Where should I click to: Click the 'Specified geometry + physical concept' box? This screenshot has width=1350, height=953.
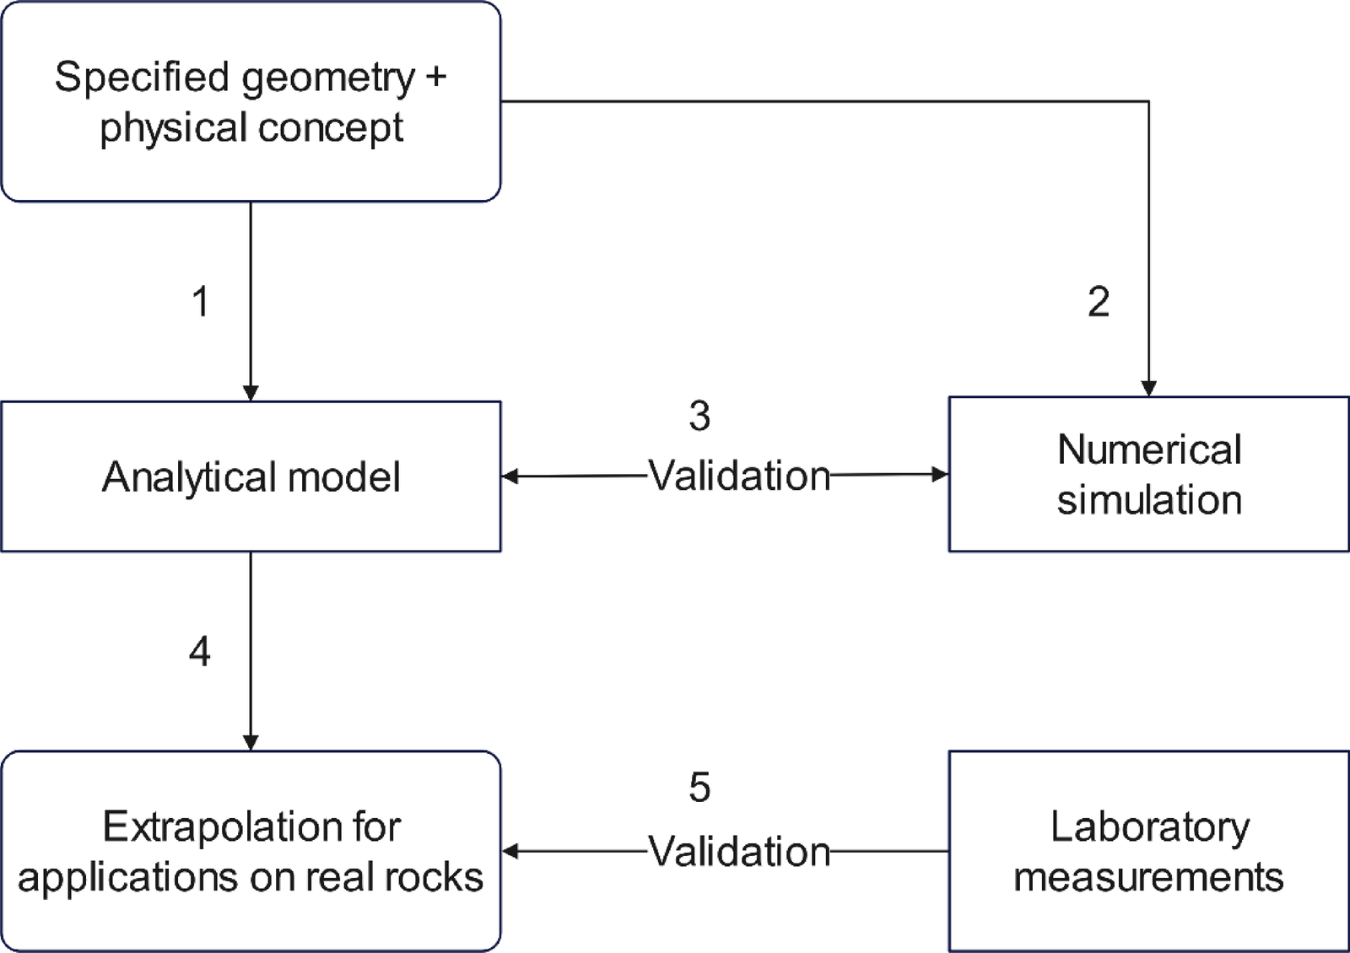pyautogui.click(x=251, y=101)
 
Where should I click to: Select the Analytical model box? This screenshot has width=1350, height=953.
pyautogui.click(x=251, y=476)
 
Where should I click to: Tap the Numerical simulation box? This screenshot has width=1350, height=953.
pyautogui.click(x=1148, y=474)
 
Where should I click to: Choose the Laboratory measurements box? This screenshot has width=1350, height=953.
pyautogui.click(x=1148, y=851)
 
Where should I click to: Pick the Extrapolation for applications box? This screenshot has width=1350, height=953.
pyautogui.click(x=251, y=851)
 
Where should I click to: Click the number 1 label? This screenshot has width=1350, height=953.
pyautogui.click(x=201, y=302)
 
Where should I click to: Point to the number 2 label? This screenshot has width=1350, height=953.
pyautogui.click(x=1099, y=302)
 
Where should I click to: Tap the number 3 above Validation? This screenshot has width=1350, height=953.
pyautogui.click(x=699, y=416)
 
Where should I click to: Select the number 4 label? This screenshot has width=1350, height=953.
pyautogui.click(x=200, y=652)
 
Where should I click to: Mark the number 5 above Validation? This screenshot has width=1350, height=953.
pyautogui.click(x=699, y=788)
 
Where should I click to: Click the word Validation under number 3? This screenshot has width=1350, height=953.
pyautogui.click(x=739, y=476)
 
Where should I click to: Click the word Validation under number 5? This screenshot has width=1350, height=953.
pyautogui.click(x=739, y=852)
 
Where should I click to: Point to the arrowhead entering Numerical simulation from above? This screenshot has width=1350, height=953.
pyautogui.click(x=1148, y=389)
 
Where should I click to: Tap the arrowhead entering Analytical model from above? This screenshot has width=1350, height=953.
pyautogui.click(x=251, y=393)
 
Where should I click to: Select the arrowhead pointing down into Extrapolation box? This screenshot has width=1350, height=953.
pyautogui.click(x=251, y=742)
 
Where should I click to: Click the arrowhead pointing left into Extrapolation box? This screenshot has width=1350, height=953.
pyautogui.click(x=510, y=851)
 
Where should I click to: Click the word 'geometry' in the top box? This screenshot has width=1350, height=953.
pyautogui.click(x=327, y=78)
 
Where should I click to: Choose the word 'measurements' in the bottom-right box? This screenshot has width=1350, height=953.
pyautogui.click(x=1148, y=877)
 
